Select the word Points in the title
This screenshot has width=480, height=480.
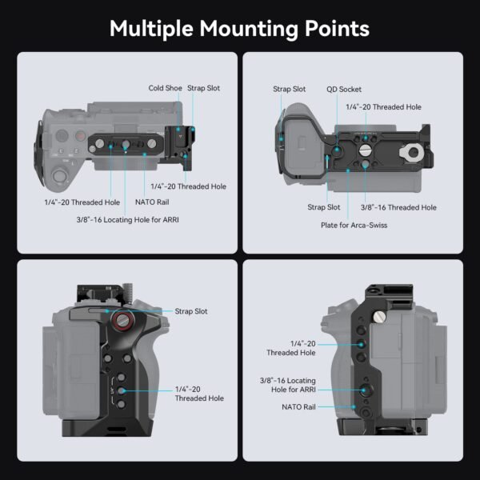337,29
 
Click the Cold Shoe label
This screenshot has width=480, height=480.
165,88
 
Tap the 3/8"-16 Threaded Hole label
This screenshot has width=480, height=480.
399,207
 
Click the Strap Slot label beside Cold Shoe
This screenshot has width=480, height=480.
204,88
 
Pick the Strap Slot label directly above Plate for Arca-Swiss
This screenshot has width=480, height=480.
323,207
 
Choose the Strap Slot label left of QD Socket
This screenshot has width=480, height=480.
289,90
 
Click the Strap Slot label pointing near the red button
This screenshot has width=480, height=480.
191,310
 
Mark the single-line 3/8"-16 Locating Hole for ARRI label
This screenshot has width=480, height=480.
126,219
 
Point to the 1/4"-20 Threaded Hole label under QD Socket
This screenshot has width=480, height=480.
383,106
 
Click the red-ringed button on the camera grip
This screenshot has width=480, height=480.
122,322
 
